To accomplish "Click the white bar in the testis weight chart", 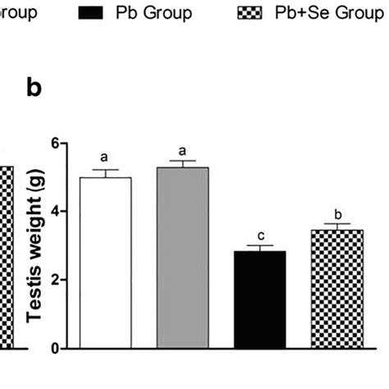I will [104, 263].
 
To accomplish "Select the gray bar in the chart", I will [182, 258].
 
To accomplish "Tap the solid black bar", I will [259, 300].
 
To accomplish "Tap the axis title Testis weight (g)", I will [33, 245].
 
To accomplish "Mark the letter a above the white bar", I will [104, 156].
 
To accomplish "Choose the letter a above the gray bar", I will [182, 150].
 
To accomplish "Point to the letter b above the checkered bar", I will [337, 212].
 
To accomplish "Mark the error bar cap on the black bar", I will [259, 245].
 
